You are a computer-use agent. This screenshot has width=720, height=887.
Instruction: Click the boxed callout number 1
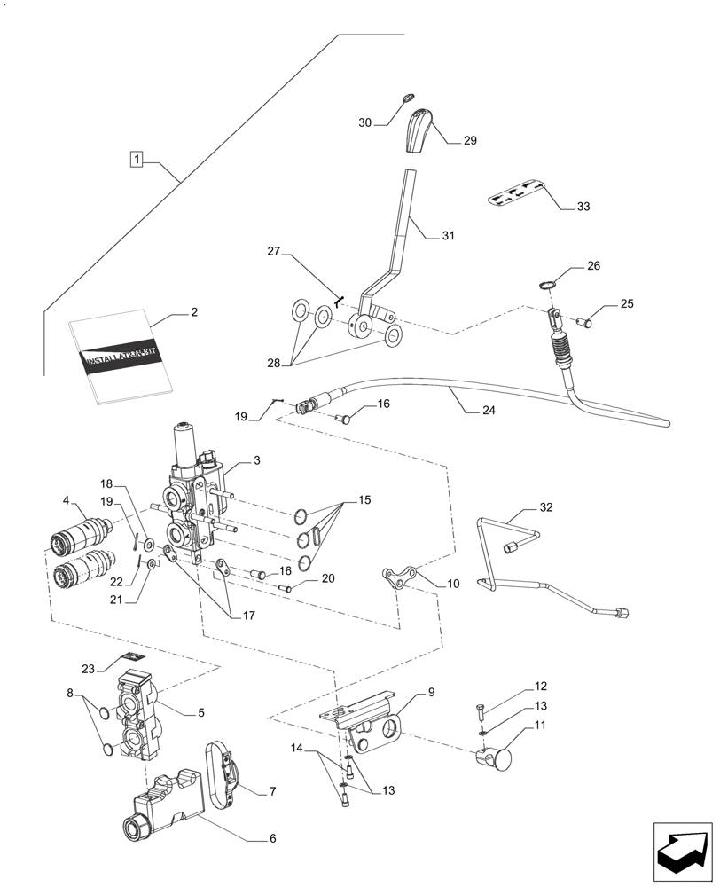(x=136, y=160)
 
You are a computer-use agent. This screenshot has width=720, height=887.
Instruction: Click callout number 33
(x=583, y=207)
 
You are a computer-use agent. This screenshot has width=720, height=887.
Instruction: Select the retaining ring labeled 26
(x=547, y=285)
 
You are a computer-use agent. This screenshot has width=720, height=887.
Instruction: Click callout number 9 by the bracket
(x=431, y=691)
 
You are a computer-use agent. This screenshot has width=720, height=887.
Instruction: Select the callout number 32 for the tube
(x=544, y=509)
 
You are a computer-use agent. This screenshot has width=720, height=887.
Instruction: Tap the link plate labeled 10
(x=397, y=578)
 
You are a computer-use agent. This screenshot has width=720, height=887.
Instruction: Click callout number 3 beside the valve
(x=256, y=460)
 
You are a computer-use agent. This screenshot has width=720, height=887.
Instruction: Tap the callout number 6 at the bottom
(x=272, y=837)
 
